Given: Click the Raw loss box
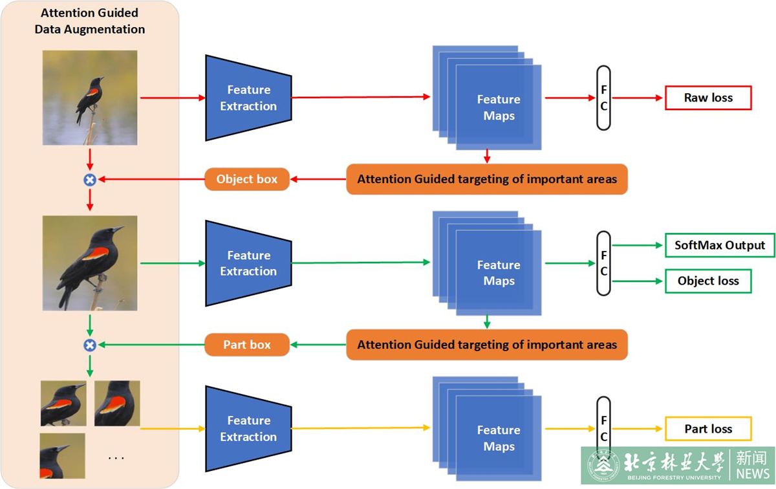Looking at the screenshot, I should (x=708, y=98).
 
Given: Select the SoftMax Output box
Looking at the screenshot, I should (x=720, y=245).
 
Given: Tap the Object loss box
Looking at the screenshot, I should (x=708, y=281).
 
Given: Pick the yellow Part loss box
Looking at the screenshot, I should (x=708, y=429).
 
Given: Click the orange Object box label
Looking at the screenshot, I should (x=246, y=179).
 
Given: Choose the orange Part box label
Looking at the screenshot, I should (x=246, y=345).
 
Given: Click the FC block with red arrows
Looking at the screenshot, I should (x=603, y=98).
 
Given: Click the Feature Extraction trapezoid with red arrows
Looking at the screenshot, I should (x=248, y=98).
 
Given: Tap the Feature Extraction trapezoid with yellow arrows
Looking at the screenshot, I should (x=248, y=428).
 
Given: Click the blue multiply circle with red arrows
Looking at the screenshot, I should (x=90, y=180).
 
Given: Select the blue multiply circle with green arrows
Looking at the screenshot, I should (x=90, y=345).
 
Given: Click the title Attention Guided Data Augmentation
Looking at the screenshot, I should (x=90, y=21).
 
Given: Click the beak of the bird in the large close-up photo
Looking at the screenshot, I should (x=118, y=229).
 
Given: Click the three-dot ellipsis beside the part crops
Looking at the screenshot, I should (x=116, y=457).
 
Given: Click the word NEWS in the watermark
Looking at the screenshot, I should (x=752, y=474).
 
